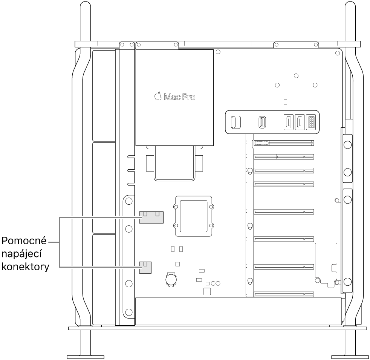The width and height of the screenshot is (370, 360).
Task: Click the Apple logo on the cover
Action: pyautogui.click(x=157, y=97)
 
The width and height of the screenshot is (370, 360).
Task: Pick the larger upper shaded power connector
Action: pyautogui.click(x=151, y=217)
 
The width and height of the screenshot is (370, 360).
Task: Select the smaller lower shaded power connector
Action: pyautogui.click(x=145, y=267)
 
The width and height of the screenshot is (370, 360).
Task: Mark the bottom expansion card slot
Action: pyautogui.click(x=284, y=294)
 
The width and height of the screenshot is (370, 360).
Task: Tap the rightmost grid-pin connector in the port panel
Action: pyautogui.click(x=312, y=122)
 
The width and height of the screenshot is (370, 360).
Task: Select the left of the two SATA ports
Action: pyautogui.click(x=287, y=122)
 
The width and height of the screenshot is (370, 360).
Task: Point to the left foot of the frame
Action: pyautogui.click(x=85, y=356)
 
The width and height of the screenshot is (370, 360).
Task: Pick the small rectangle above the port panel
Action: pyautogui.click(x=285, y=102)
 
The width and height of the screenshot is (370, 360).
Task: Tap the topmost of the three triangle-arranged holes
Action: pyautogui.click(x=296, y=76)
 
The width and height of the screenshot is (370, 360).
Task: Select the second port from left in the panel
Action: pyautogui.click(x=261, y=122)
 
